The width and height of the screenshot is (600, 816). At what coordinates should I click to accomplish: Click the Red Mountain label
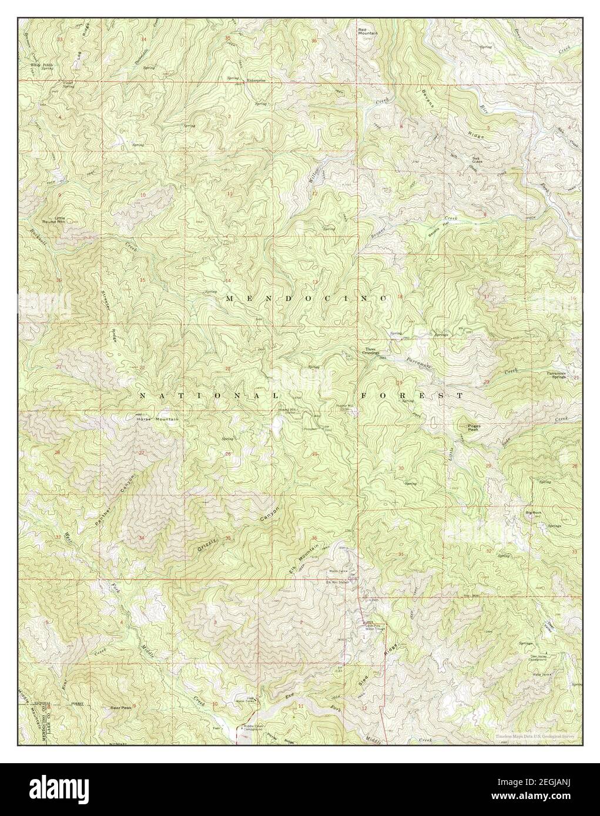tap(368, 31)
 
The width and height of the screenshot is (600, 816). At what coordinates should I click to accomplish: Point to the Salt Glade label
tap(478, 160)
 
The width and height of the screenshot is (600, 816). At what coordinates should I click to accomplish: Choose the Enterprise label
tap(256, 80)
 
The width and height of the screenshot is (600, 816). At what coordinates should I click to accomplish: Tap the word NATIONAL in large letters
tap(200, 396)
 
